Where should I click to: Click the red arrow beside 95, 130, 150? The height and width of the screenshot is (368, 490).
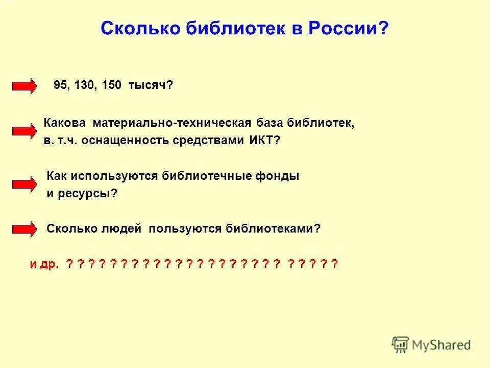click(24, 86)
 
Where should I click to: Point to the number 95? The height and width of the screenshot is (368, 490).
click(60, 86)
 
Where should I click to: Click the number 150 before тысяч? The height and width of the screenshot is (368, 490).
click(111, 86)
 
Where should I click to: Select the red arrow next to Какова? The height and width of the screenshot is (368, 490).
click(24, 131)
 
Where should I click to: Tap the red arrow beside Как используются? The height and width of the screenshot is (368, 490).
click(24, 185)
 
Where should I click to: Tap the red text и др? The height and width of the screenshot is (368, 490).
click(44, 264)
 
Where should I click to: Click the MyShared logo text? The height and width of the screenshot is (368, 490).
click(441, 344)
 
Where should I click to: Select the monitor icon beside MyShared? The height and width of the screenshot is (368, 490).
click(401, 344)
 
